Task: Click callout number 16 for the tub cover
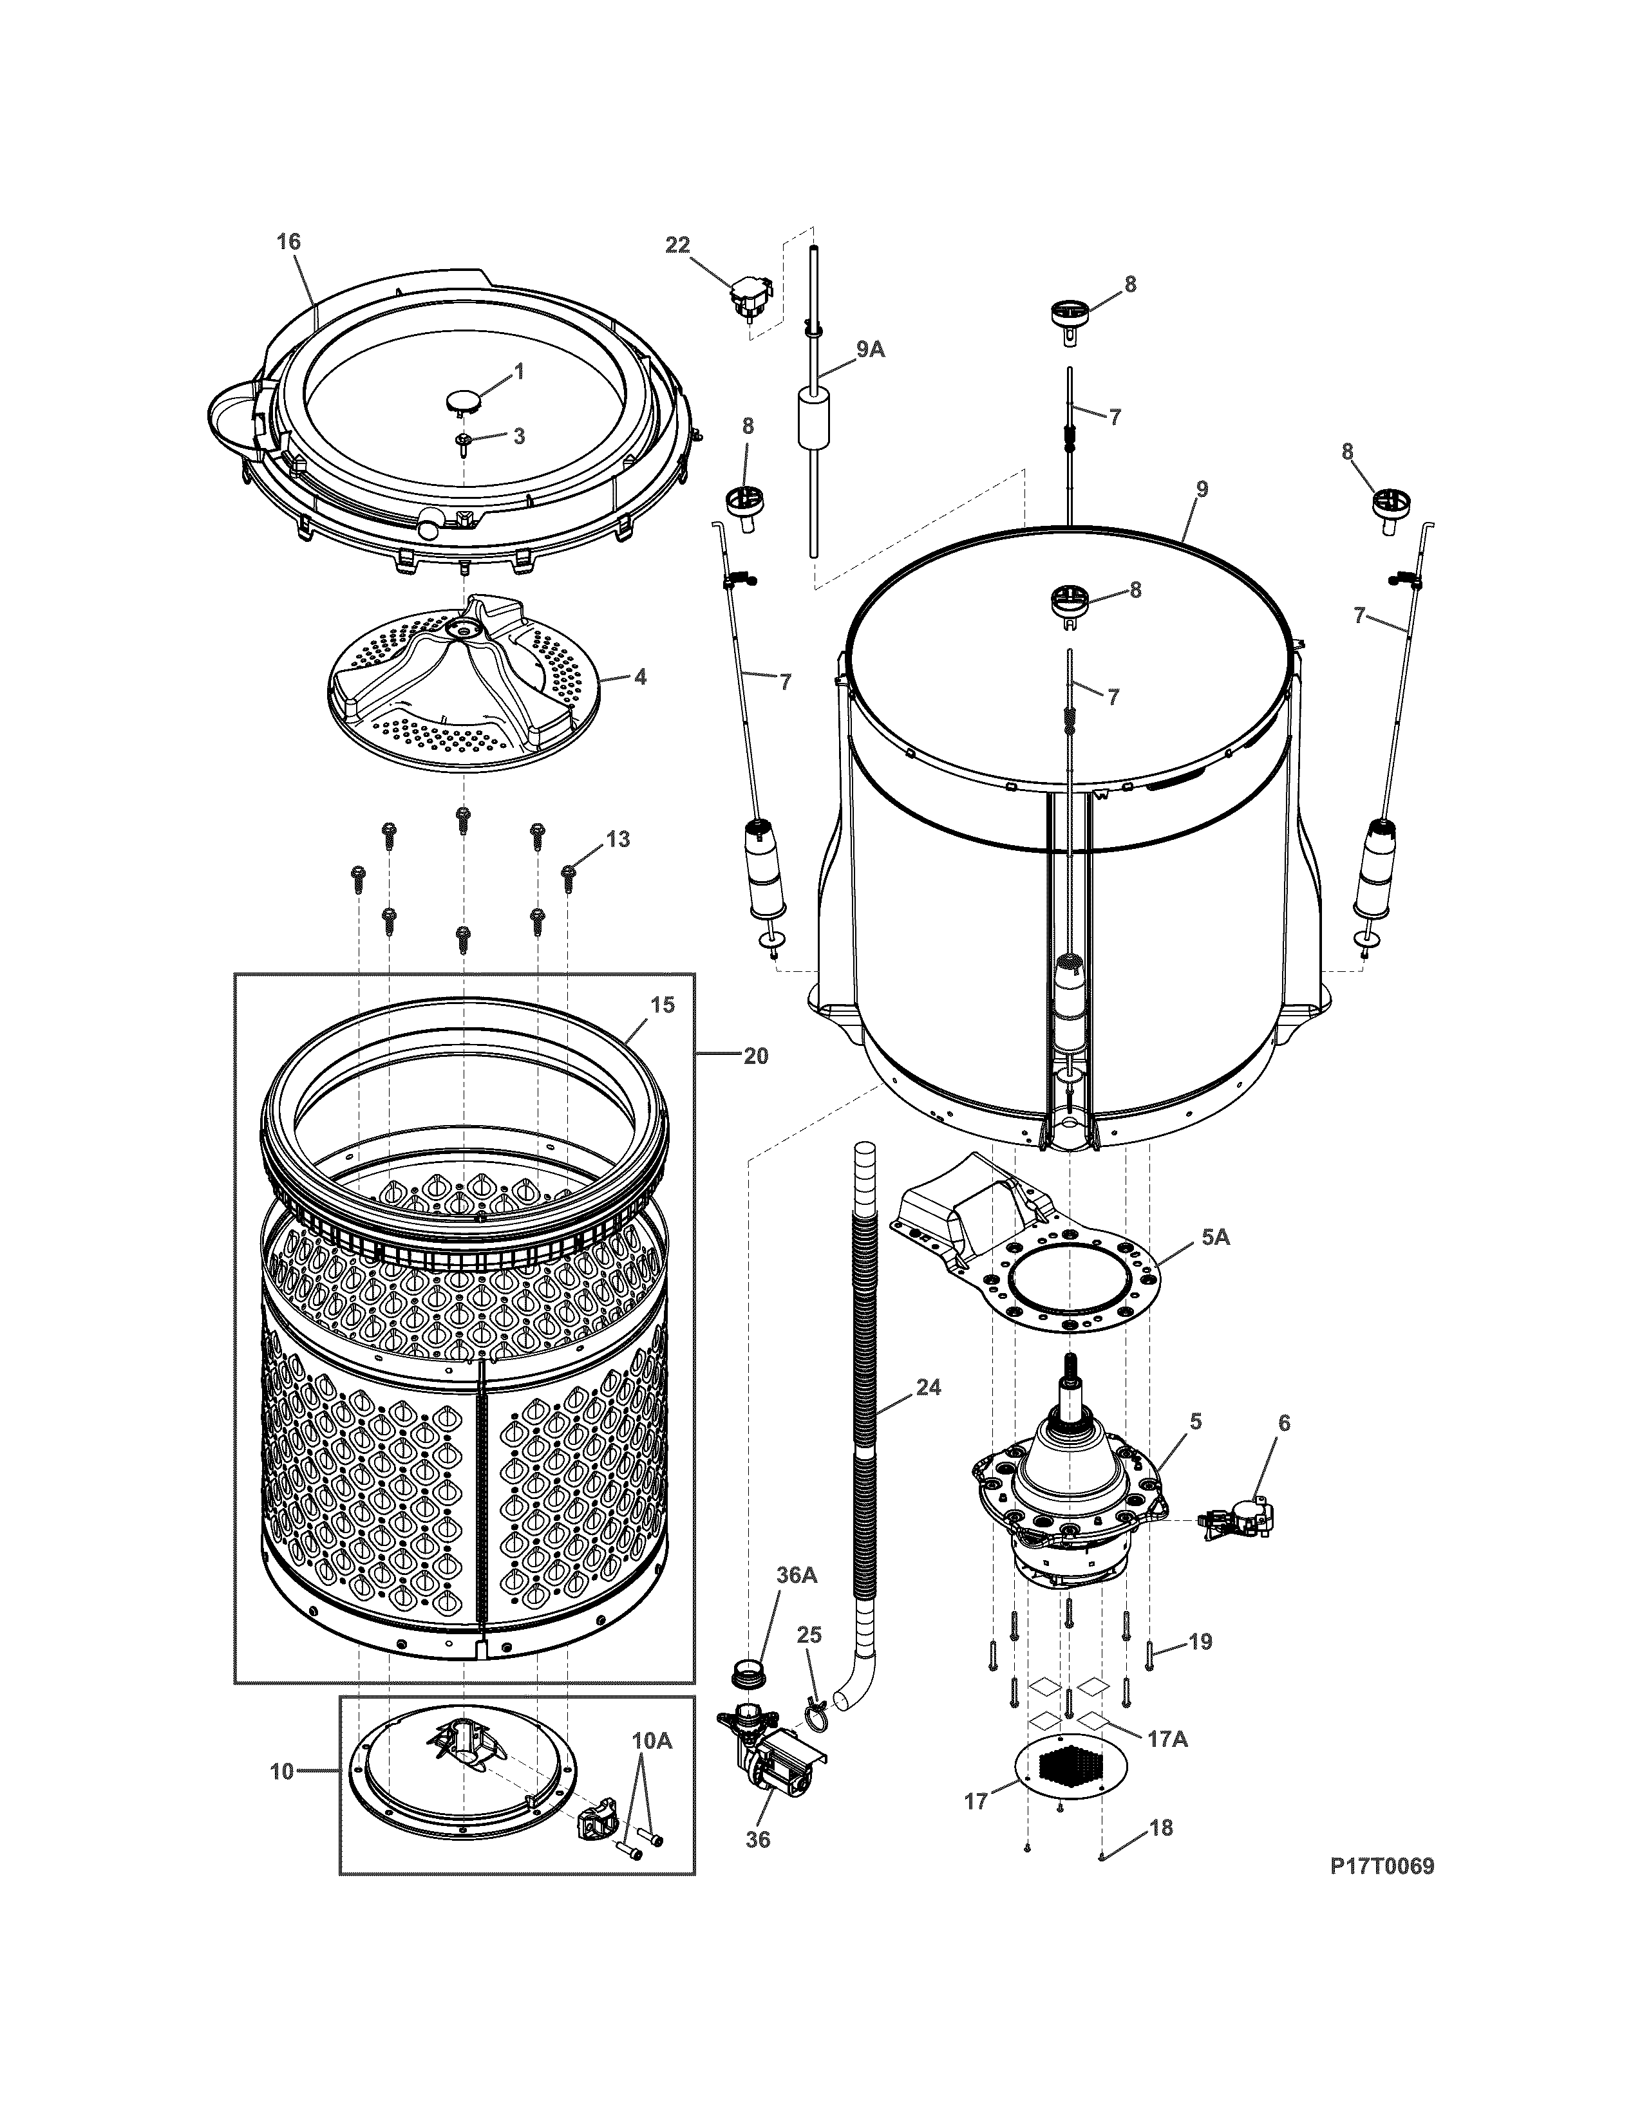(x=289, y=241)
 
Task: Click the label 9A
(x=870, y=349)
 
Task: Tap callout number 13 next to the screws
(x=619, y=838)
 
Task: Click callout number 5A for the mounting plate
(x=1215, y=1237)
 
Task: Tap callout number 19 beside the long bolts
(x=1200, y=1642)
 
